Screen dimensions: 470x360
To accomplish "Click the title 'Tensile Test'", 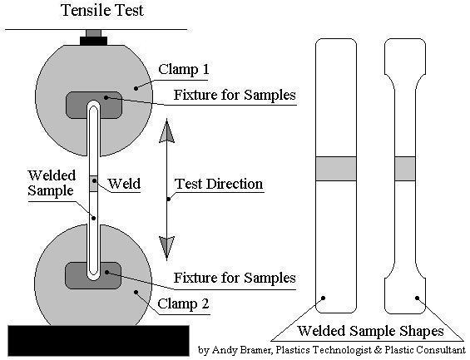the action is coord(102,10).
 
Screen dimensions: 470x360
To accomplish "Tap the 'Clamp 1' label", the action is coord(184,70).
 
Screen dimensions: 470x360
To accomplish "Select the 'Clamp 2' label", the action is coord(183,303).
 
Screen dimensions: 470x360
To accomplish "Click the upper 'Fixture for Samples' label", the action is coord(235,95).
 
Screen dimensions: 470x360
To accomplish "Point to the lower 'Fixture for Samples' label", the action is coord(235,278).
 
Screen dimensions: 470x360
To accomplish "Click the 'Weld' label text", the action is coord(124,183).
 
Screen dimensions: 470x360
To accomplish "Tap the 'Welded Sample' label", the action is coord(52,183).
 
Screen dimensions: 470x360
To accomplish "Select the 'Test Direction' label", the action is coord(219,184).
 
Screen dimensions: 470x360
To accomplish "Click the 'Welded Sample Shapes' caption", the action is coord(370,331).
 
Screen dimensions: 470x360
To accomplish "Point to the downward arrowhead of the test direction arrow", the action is coord(166,248).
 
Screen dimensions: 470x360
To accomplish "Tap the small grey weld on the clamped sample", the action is coord(94,184).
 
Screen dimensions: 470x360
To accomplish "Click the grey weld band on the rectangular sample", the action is coord(336,169).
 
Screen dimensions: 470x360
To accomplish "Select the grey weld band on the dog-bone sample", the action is coord(405,169).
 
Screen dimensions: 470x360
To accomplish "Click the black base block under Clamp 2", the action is coord(99,341).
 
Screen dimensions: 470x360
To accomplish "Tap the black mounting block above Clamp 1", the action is coord(93,41).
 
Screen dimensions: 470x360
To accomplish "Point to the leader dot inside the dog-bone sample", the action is coord(417,298).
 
